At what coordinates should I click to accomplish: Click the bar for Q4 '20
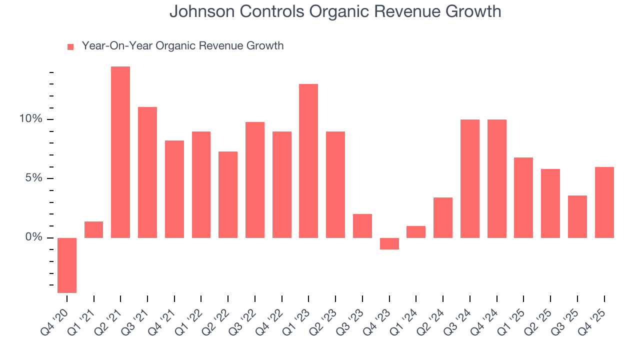(67, 265)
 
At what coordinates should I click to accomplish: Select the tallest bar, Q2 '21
(120, 152)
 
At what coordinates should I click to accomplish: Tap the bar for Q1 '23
(308, 160)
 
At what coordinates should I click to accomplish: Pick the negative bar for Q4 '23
(389, 243)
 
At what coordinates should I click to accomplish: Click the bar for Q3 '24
(470, 178)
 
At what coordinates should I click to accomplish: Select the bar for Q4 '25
(604, 202)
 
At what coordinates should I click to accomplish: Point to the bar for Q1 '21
(93, 229)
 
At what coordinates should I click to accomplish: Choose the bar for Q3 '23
(362, 225)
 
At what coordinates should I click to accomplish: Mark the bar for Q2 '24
(443, 217)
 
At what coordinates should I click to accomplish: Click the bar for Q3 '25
(577, 216)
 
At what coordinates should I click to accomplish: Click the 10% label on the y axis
(31, 119)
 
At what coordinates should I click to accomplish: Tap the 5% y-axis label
(34, 178)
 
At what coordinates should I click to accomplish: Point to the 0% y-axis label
(34, 237)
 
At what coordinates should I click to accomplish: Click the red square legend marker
(70, 46)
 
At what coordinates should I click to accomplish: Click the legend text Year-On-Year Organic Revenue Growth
(182, 46)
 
